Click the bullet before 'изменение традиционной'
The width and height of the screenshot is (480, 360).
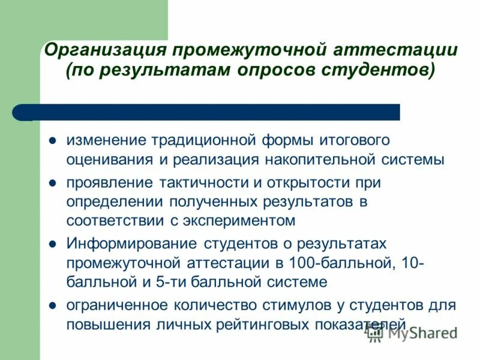53,141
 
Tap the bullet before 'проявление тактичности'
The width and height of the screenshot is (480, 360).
53,182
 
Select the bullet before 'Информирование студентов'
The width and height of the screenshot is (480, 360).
53,244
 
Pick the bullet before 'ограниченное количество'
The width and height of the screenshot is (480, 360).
53,305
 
